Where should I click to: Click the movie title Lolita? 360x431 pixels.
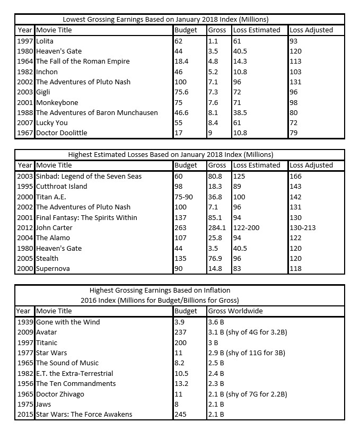coord(45,41)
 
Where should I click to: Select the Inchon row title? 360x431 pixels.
coord(47,72)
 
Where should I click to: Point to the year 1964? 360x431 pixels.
coord(25,61)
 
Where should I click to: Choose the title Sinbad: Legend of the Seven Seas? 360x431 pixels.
coord(89,176)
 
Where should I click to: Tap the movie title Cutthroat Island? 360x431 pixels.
coord(62,186)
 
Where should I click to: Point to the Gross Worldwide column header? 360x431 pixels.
coord(235,311)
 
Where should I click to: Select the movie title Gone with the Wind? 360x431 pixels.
coord(68,322)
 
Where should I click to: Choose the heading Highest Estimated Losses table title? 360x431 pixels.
coord(171,155)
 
